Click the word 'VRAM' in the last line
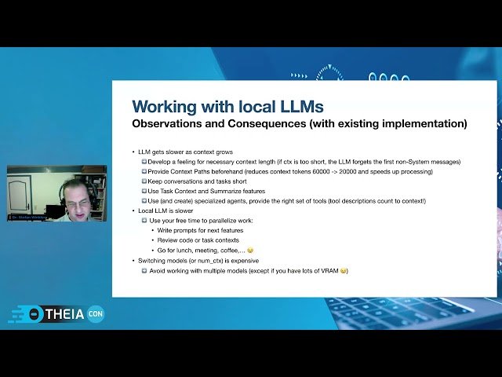tap(329, 270)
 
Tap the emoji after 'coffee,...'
tap(250, 250)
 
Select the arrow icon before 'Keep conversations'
tap(144, 181)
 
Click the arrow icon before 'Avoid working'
tap(144, 270)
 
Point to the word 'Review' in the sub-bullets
tap(168, 240)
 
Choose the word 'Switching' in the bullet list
tap(154, 260)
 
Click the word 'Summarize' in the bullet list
tap(227, 191)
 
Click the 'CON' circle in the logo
tap(96, 313)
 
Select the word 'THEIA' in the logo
tap(66, 313)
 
